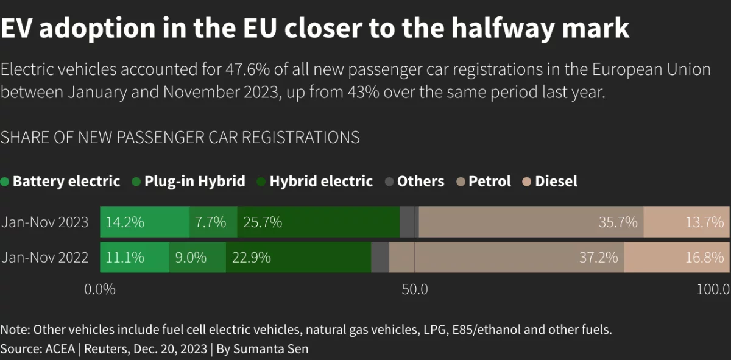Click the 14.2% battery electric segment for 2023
[145, 222]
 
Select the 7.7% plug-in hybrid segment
[213, 222]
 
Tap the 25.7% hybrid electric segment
[318, 222]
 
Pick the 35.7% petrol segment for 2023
[531, 222]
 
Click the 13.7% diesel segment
[687, 222]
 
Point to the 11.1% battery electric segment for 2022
[135, 257]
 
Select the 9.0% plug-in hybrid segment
[197, 257]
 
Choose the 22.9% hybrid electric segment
[298, 257]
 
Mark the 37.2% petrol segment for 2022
[507, 257]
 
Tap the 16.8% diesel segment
[677, 257]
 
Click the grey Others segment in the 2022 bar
[380, 257]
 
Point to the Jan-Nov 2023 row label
[45, 222]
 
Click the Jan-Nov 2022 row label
[45, 257]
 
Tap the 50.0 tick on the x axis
[414, 289]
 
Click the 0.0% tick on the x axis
[99, 289]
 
